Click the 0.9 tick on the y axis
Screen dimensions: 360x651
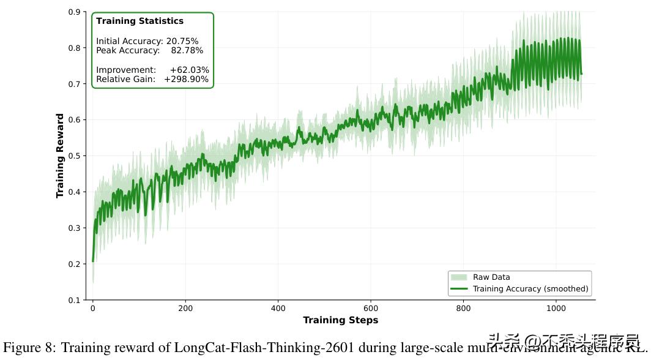(75, 12)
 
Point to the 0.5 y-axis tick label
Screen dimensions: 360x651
(75, 156)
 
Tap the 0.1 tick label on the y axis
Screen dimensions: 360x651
(75, 300)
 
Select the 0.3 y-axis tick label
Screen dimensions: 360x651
(75, 228)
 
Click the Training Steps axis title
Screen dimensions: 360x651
(340, 320)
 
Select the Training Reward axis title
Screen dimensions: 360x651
(60, 156)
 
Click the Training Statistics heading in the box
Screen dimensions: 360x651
(139, 21)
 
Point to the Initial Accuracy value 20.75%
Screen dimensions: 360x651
(182, 41)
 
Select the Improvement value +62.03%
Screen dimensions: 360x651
(189, 70)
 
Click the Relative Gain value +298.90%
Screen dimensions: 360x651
(186, 79)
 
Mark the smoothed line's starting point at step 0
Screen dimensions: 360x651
(93, 261)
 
